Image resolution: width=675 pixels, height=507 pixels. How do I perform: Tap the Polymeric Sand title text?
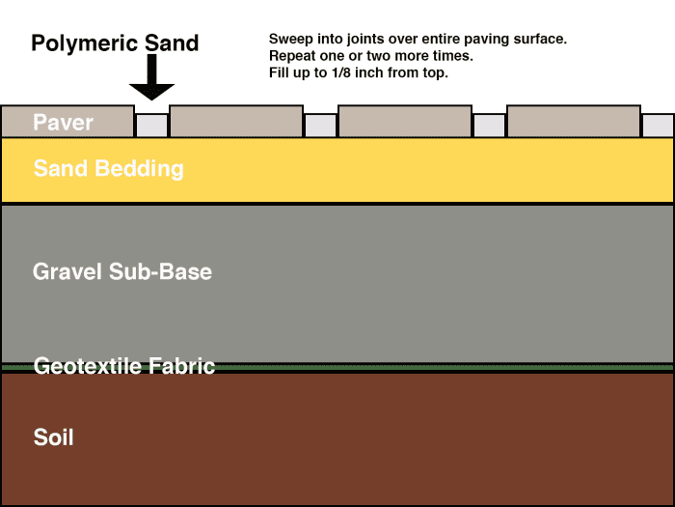tap(115, 43)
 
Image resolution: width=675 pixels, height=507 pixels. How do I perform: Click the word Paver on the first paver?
tap(63, 123)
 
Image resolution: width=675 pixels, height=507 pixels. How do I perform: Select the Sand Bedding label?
tap(108, 169)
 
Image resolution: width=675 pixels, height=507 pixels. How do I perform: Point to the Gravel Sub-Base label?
tap(122, 271)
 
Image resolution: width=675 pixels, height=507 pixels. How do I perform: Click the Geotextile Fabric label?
tap(123, 366)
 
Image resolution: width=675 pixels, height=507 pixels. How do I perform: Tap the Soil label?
tap(53, 437)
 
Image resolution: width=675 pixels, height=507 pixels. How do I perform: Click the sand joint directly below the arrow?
tap(151, 126)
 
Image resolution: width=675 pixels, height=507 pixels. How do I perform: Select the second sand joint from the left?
tap(320, 126)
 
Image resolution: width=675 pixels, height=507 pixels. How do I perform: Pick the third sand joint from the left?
tap(489, 126)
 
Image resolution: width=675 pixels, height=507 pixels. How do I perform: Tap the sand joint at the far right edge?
tap(659, 126)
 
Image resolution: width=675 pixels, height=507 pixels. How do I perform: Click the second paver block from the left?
tap(236, 121)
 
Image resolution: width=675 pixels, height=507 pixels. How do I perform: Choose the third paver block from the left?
tap(405, 121)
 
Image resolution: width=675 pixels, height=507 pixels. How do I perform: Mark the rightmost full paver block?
tap(574, 121)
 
